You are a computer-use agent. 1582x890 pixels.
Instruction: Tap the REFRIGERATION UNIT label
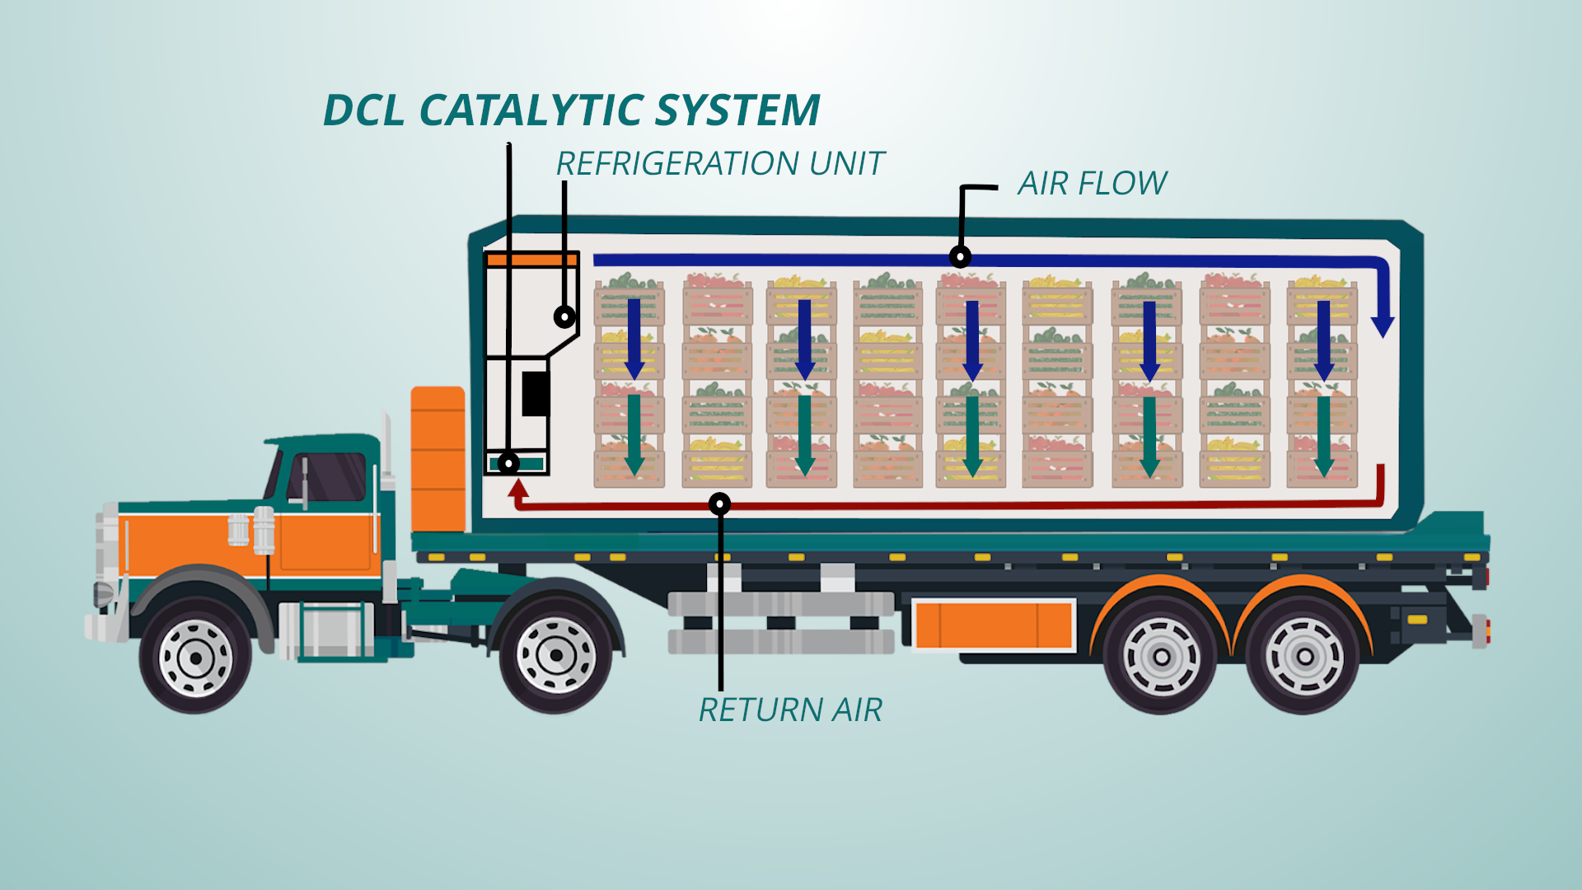(x=719, y=164)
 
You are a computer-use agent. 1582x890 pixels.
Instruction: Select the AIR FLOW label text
(x=1092, y=183)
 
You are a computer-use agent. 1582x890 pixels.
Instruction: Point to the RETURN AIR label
(x=790, y=710)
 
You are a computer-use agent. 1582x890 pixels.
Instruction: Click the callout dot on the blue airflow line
(x=960, y=256)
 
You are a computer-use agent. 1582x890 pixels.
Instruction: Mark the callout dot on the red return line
(x=719, y=504)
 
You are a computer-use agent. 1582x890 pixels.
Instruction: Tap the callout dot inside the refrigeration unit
(x=564, y=316)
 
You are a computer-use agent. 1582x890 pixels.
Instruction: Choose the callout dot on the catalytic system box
(x=509, y=464)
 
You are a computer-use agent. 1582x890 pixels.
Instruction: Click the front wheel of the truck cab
(x=196, y=658)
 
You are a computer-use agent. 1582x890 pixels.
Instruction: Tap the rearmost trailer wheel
(x=1304, y=657)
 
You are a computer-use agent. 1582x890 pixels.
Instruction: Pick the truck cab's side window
(x=327, y=477)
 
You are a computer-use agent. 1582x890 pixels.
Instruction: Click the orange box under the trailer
(x=994, y=625)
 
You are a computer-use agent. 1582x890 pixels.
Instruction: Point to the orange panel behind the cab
(x=438, y=459)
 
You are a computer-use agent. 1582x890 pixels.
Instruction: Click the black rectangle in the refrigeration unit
(x=536, y=393)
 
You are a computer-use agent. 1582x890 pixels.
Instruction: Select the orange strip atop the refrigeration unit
(x=531, y=260)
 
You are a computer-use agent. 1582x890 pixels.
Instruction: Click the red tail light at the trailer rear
(x=1488, y=630)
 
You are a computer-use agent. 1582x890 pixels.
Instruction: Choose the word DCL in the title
(x=363, y=110)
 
